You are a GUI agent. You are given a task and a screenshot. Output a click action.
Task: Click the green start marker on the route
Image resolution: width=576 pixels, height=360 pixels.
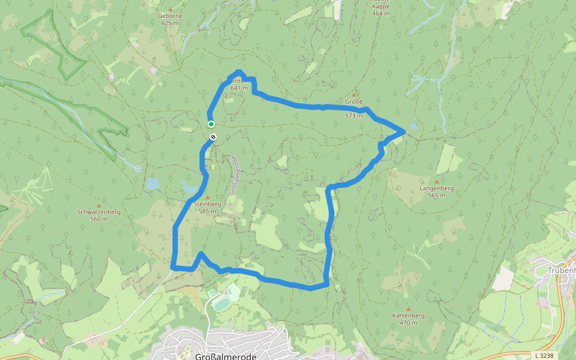(x=211, y=124)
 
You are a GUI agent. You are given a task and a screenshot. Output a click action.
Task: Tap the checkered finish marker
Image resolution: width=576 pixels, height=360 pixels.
(x=213, y=137)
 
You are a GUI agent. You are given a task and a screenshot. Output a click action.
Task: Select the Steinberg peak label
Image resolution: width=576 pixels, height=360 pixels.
(x=208, y=204)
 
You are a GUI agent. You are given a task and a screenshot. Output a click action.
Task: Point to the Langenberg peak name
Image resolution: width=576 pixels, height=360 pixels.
(x=436, y=188)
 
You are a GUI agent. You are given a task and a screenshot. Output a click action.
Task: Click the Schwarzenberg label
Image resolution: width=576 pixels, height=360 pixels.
(x=99, y=212)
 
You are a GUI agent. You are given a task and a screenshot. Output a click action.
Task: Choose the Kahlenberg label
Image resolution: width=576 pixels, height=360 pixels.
(x=408, y=316)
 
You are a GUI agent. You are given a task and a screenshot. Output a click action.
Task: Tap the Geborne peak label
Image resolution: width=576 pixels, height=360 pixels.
(x=170, y=16)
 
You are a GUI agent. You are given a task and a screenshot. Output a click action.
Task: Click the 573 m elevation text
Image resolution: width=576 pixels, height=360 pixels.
(x=353, y=116)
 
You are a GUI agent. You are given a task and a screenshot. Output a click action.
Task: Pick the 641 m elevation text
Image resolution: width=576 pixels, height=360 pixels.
(x=239, y=88)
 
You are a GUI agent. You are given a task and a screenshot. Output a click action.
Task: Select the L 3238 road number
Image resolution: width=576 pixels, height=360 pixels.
(x=543, y=355)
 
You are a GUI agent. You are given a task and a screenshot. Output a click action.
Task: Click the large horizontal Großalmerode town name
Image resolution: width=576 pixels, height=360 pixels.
(x=226, y=356)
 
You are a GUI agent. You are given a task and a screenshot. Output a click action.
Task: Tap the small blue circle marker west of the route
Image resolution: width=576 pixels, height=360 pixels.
(x=138, y=169)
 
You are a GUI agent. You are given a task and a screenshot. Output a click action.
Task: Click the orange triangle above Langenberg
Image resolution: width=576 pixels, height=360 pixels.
(x=436, y=181)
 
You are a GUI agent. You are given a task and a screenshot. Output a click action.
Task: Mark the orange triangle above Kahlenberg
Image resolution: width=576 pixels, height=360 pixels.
(x=409, y=308)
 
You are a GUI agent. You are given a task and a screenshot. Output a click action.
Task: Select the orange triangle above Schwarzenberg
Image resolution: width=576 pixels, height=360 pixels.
(x=99, y=205)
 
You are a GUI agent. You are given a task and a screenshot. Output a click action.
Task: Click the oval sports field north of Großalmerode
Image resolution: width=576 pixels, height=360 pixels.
(x=221, y=305)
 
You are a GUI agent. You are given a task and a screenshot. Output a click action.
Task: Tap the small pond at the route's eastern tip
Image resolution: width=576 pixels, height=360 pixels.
(x=413, y=127)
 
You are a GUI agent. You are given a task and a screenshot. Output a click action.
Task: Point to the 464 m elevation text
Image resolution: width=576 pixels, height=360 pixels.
(x=380, y=13)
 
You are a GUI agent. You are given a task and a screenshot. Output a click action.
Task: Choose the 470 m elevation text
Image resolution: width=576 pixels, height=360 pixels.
(x=408, y=323)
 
